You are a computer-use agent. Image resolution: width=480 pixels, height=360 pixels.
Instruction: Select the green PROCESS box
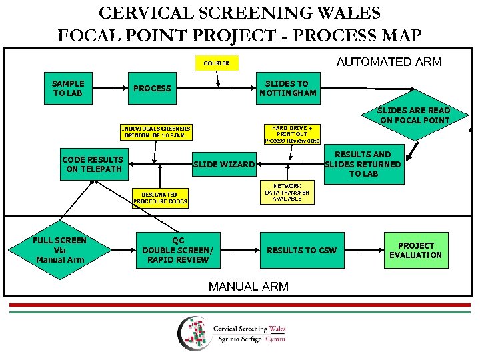point(153,88)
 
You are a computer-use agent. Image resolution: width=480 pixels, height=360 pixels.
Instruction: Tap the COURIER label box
point(217,63)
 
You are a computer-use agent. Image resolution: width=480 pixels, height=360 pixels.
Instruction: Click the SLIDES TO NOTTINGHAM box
point(287,89)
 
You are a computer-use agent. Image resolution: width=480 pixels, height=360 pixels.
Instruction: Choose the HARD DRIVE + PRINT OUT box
point(292,133)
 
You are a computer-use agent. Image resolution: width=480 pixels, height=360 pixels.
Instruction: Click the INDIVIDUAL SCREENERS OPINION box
point(156,132)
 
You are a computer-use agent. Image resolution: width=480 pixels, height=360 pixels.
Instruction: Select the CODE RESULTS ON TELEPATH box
point(93,164)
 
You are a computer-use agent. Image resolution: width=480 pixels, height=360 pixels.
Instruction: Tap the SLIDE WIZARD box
point(224,164)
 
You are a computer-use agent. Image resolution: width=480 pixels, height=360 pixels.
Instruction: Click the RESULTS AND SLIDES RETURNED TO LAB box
point(363,164)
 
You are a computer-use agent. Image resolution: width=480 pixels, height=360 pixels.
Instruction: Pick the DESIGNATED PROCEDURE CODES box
point(160,198)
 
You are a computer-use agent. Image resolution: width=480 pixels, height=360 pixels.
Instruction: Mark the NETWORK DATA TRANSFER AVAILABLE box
point(287,193)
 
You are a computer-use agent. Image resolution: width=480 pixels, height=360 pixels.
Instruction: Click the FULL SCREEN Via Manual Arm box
point(60,250)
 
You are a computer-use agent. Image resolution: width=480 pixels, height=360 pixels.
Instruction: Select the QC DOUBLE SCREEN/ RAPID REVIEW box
point(178,250)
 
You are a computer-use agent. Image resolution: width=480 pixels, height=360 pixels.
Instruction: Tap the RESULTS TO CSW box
point(302,250)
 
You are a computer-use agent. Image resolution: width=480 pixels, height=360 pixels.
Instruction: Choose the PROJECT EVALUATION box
point(415,250)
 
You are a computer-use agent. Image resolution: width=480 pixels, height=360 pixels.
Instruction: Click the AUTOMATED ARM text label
point(389,62)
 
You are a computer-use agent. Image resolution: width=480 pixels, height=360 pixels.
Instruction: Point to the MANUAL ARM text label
point(249,286)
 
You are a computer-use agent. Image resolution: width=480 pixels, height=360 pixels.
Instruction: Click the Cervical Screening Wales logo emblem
point(193,333)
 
